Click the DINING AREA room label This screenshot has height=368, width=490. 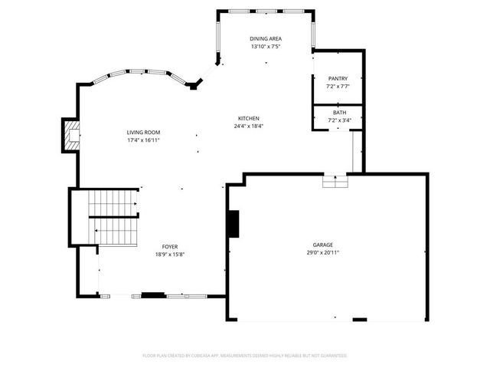coord(265,39)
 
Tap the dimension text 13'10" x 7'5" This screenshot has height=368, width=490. coord(265,47)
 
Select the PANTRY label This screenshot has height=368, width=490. coord(338,78)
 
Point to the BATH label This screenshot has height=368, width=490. coord(338,112)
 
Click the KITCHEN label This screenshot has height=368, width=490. coord(249,118)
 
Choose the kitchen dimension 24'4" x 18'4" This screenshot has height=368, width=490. coord(249,126)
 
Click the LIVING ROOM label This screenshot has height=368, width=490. coord(143,133)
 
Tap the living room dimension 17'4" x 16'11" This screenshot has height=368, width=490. coord(143,140)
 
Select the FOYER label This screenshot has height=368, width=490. coord(170,246)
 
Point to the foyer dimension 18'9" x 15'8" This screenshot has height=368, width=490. coord(170,254)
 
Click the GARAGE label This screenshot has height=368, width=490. coord(322,244)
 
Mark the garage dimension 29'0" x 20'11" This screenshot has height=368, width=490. coord(322,251)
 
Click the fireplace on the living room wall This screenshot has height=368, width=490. coord(70,134)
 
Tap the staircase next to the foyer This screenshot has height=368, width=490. coord(113,216)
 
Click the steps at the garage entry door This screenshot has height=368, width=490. coord(335,181)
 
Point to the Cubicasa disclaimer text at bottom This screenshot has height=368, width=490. coord(245,356)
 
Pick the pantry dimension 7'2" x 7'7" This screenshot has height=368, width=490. coord(338,86)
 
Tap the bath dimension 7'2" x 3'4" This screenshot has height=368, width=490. coord(338,120)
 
